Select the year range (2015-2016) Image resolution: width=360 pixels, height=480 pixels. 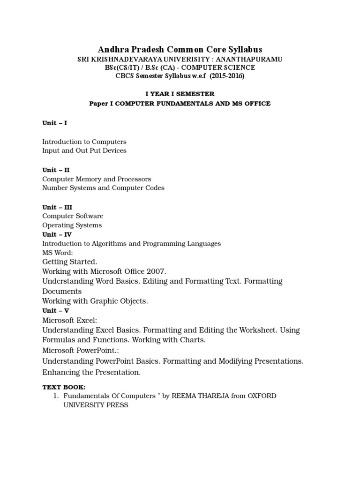click(x=227, y=76)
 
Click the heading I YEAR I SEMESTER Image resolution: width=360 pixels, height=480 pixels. click(x=180, y=94)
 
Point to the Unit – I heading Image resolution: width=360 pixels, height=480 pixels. click(x=55, y=123)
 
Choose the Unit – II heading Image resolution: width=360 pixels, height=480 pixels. click(x=56, y=170)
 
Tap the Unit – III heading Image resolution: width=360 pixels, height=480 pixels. click(x=57, y=207)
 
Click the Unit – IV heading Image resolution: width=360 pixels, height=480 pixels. click(x=57, y=234)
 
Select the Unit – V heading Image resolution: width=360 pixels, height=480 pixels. click(x=56, y=310)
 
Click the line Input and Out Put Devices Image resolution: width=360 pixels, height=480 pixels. click(x=84, y=150)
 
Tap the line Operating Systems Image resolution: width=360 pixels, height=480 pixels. click(x=72, y=225)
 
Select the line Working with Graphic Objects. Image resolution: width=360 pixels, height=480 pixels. click(x=95, y=301)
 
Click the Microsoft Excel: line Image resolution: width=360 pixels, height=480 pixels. click(x=70, y=320)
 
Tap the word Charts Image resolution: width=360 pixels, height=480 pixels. click(x=193, y=340)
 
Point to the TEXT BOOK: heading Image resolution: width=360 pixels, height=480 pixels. click(x=64, y=387)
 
